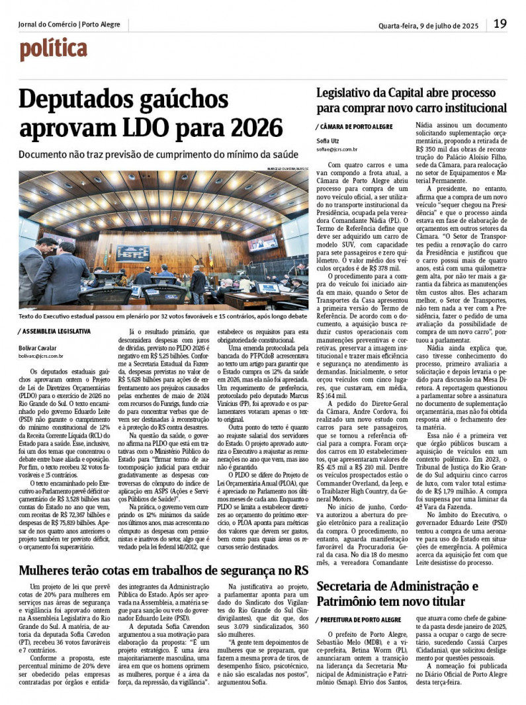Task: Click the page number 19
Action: [500, 24]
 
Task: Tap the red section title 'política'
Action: [53, 50]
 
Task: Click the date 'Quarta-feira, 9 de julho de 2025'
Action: [428, 26]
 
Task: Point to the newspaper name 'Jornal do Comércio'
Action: [47, 24]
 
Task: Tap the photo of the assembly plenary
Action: [163, 238]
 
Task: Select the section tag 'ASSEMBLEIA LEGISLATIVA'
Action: [56, 331]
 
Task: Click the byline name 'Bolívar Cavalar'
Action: [37, 348]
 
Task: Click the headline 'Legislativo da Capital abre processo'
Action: [410, 93]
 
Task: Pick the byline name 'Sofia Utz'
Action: [328, 142]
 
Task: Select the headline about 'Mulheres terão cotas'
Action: [163, 570]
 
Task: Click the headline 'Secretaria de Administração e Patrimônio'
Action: [397, 593]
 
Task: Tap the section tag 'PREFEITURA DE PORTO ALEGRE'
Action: [361, 619]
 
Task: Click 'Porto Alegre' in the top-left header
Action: [101, 24]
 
